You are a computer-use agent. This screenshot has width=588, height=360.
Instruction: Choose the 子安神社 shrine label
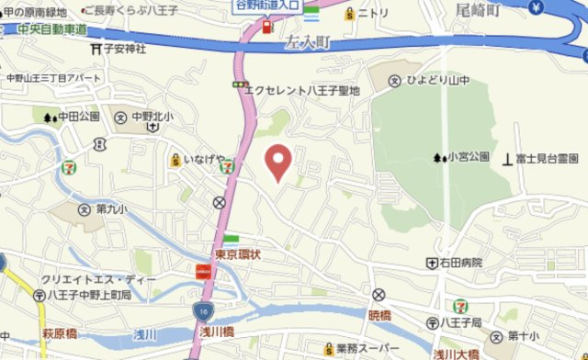pyautogui.click(x=124, y=49)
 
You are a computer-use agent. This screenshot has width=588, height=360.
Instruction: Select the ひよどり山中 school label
pyautogui.click(x=438, y=81)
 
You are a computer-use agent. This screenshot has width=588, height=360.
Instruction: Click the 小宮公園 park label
pyautogui.click(x=468, y=157)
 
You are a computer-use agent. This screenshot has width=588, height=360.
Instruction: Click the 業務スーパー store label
pyautogui.click(x=366, y=349)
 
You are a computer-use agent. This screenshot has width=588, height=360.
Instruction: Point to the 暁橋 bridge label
pyautogui.click(x=379, y=315)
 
